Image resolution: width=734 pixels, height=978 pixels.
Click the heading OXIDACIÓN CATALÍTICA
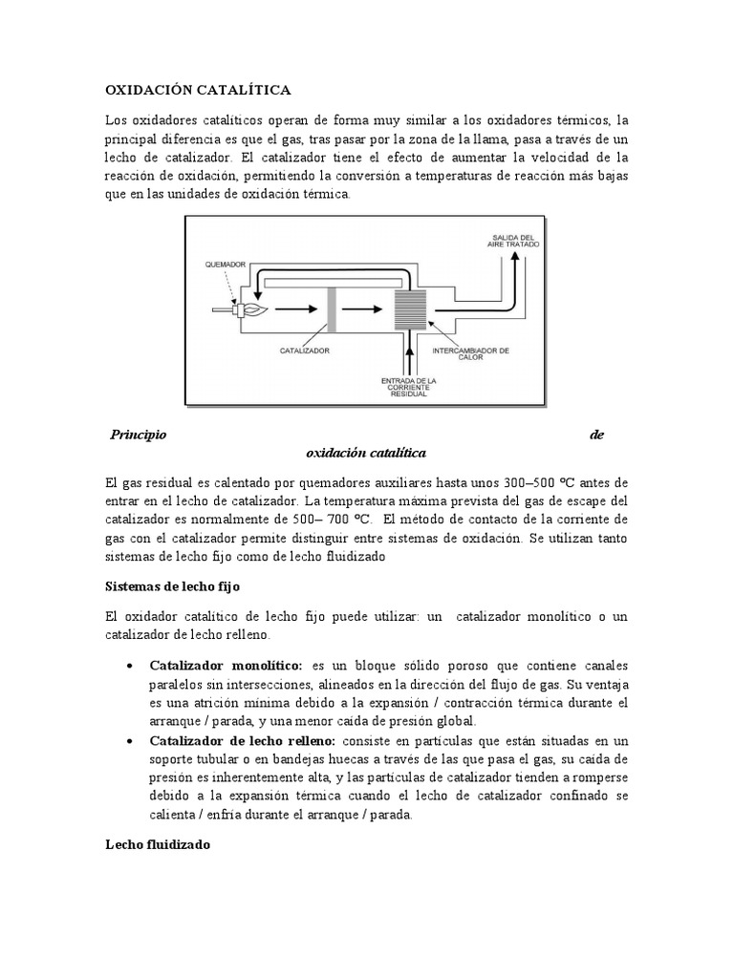click(196, 91)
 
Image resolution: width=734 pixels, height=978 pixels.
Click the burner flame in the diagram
click(253, 310)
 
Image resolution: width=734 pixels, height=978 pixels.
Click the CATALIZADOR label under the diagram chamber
click(306, 351)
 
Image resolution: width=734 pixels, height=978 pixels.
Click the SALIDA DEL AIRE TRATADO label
click(514, 241)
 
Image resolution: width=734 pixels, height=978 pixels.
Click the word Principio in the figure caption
click(139, 435)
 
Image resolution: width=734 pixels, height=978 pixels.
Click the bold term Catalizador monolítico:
click(226, 665)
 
